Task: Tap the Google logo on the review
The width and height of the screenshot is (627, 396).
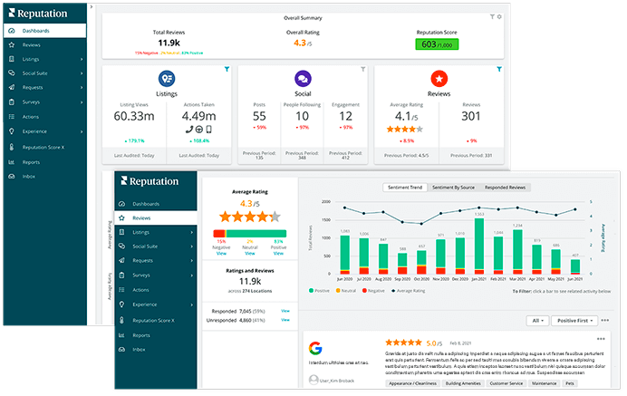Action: [x=314, y=349]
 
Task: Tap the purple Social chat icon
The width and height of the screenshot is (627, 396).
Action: [x=303, y=79]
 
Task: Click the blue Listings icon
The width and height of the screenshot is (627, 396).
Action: [x=167, y=79]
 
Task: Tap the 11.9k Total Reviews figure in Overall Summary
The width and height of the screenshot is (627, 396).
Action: [x=169, y=43]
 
